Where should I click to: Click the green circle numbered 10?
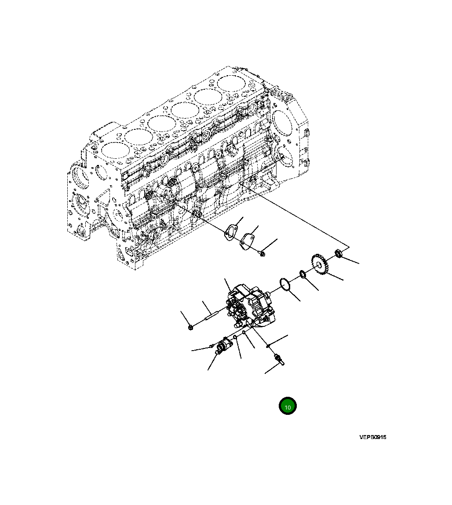pyautogui.click(x=288, y=406)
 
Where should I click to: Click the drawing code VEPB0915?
pyautogui.click(x=372, y=437)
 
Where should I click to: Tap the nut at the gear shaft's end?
pyautogui.click(x=339, y=253)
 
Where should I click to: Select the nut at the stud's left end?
pyautogui.click(x=190, y=327)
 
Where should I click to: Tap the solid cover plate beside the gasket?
pyautogui.click(x=248, y=242)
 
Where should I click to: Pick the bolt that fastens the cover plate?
pyautogui.click(x=262, y=253)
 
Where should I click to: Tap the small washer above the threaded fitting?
pyautogui.click(x=268, y=346)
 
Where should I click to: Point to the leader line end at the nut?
pyautogui.click(x=359, y=263)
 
